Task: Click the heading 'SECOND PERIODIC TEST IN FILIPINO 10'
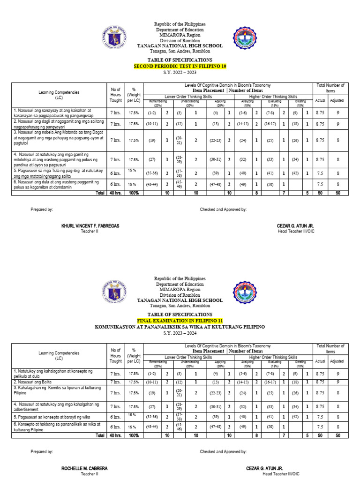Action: (x=180, y=67)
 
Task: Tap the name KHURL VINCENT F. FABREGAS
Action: (x=90, y=226)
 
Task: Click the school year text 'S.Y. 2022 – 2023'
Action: (x=180, y=73)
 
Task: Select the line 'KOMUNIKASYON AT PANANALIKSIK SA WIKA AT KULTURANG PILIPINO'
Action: (x=180, y=326)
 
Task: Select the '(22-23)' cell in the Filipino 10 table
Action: (x=216, y=140)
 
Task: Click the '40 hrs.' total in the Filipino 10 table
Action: (x=115, y=193)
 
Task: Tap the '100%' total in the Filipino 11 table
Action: (x=134, y=435)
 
